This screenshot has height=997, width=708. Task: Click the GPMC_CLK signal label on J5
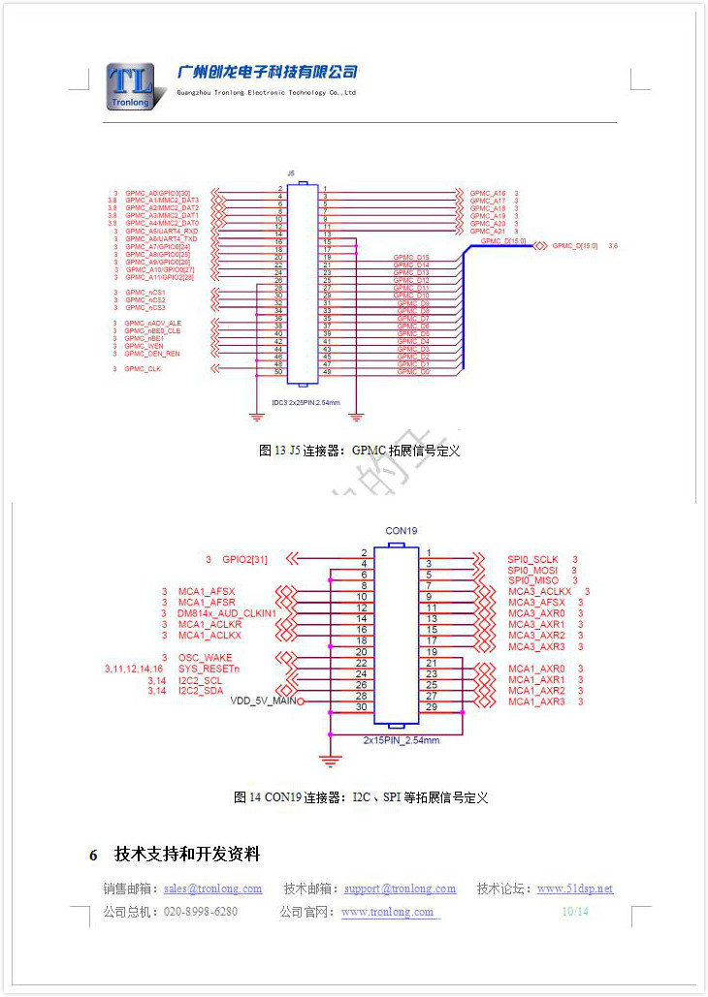tap(144, 369)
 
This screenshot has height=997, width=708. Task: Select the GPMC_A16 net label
tap(488, 193)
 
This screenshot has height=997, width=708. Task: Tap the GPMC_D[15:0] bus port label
tap(574, 246)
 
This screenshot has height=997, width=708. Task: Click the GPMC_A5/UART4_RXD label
tap(161, 232)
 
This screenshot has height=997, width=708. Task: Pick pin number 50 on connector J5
tap(278, 372)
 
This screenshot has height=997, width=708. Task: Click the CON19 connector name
tap(401, 531)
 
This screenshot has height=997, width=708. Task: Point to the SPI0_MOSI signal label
tap(532, 571)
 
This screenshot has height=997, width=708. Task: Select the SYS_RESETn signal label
tap(209, 669)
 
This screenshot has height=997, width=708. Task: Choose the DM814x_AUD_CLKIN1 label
tap(227, 613)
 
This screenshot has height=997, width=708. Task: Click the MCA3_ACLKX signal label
tap(540, 591)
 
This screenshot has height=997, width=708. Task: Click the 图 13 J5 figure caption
tap(359, 451)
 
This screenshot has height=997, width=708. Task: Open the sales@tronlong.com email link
tap(212, 888)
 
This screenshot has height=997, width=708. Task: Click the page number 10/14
tap(575, 912)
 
